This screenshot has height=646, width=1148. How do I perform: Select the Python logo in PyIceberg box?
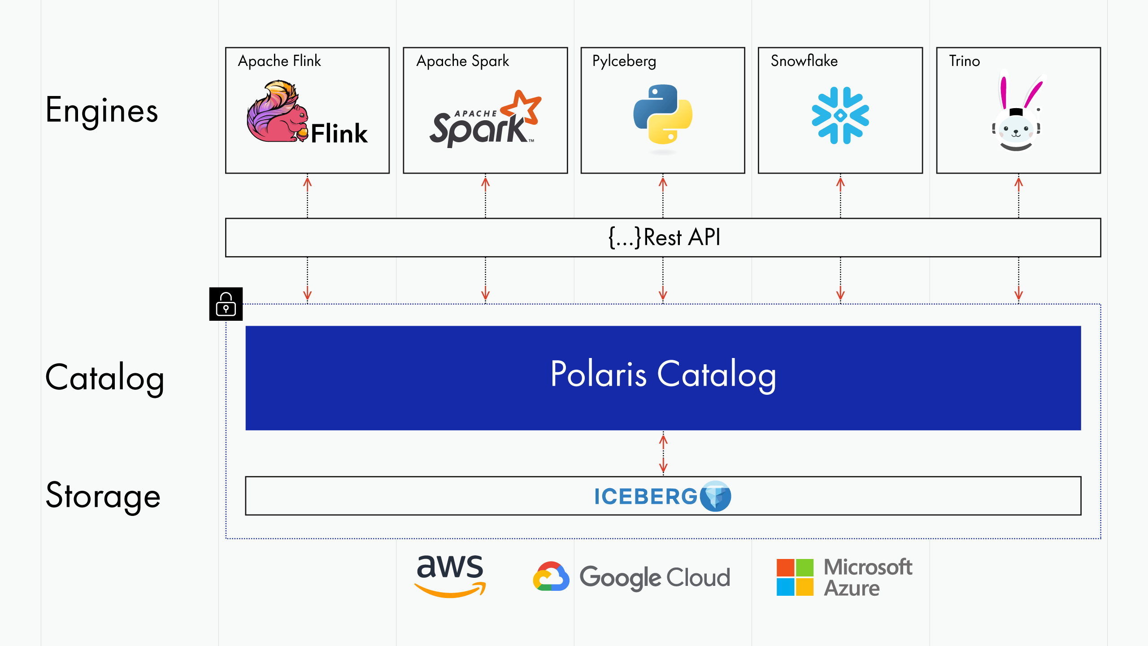pyautogui.click(x=663, y=114)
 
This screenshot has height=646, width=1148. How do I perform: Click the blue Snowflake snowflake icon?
pyautogui.click(x=840, y=115)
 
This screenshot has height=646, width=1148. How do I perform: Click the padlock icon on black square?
pyautogui.click(x=226, y=304)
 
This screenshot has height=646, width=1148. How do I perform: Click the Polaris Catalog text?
pyautogui.click(x=663, y=375)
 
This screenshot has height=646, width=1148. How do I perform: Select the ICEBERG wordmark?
pyautogui.click(x=646, y=497)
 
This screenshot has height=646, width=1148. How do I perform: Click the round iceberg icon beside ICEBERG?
pyautogui.click(x=716, y=496)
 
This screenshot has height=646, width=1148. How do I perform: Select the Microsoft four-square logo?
pyautogui.click(x=795, y=577)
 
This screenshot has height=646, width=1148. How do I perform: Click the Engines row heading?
pyautogui.click(x=102, y=110)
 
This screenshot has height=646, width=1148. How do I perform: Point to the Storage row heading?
pyautogui.click(x=103, y=496)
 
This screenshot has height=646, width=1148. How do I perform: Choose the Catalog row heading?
pyautogui.click(x=105, y=378)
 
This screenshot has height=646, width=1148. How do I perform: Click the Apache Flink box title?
pyautogui.click(x=279, y=61)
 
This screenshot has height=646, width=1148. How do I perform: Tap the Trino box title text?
pyautogui.click(x=964, y=61)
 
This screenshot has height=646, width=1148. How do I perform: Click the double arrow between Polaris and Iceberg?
pyautogui.click(x=663, y=454)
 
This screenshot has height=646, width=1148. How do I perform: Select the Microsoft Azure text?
pyautogui.click(x=868, y=577)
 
